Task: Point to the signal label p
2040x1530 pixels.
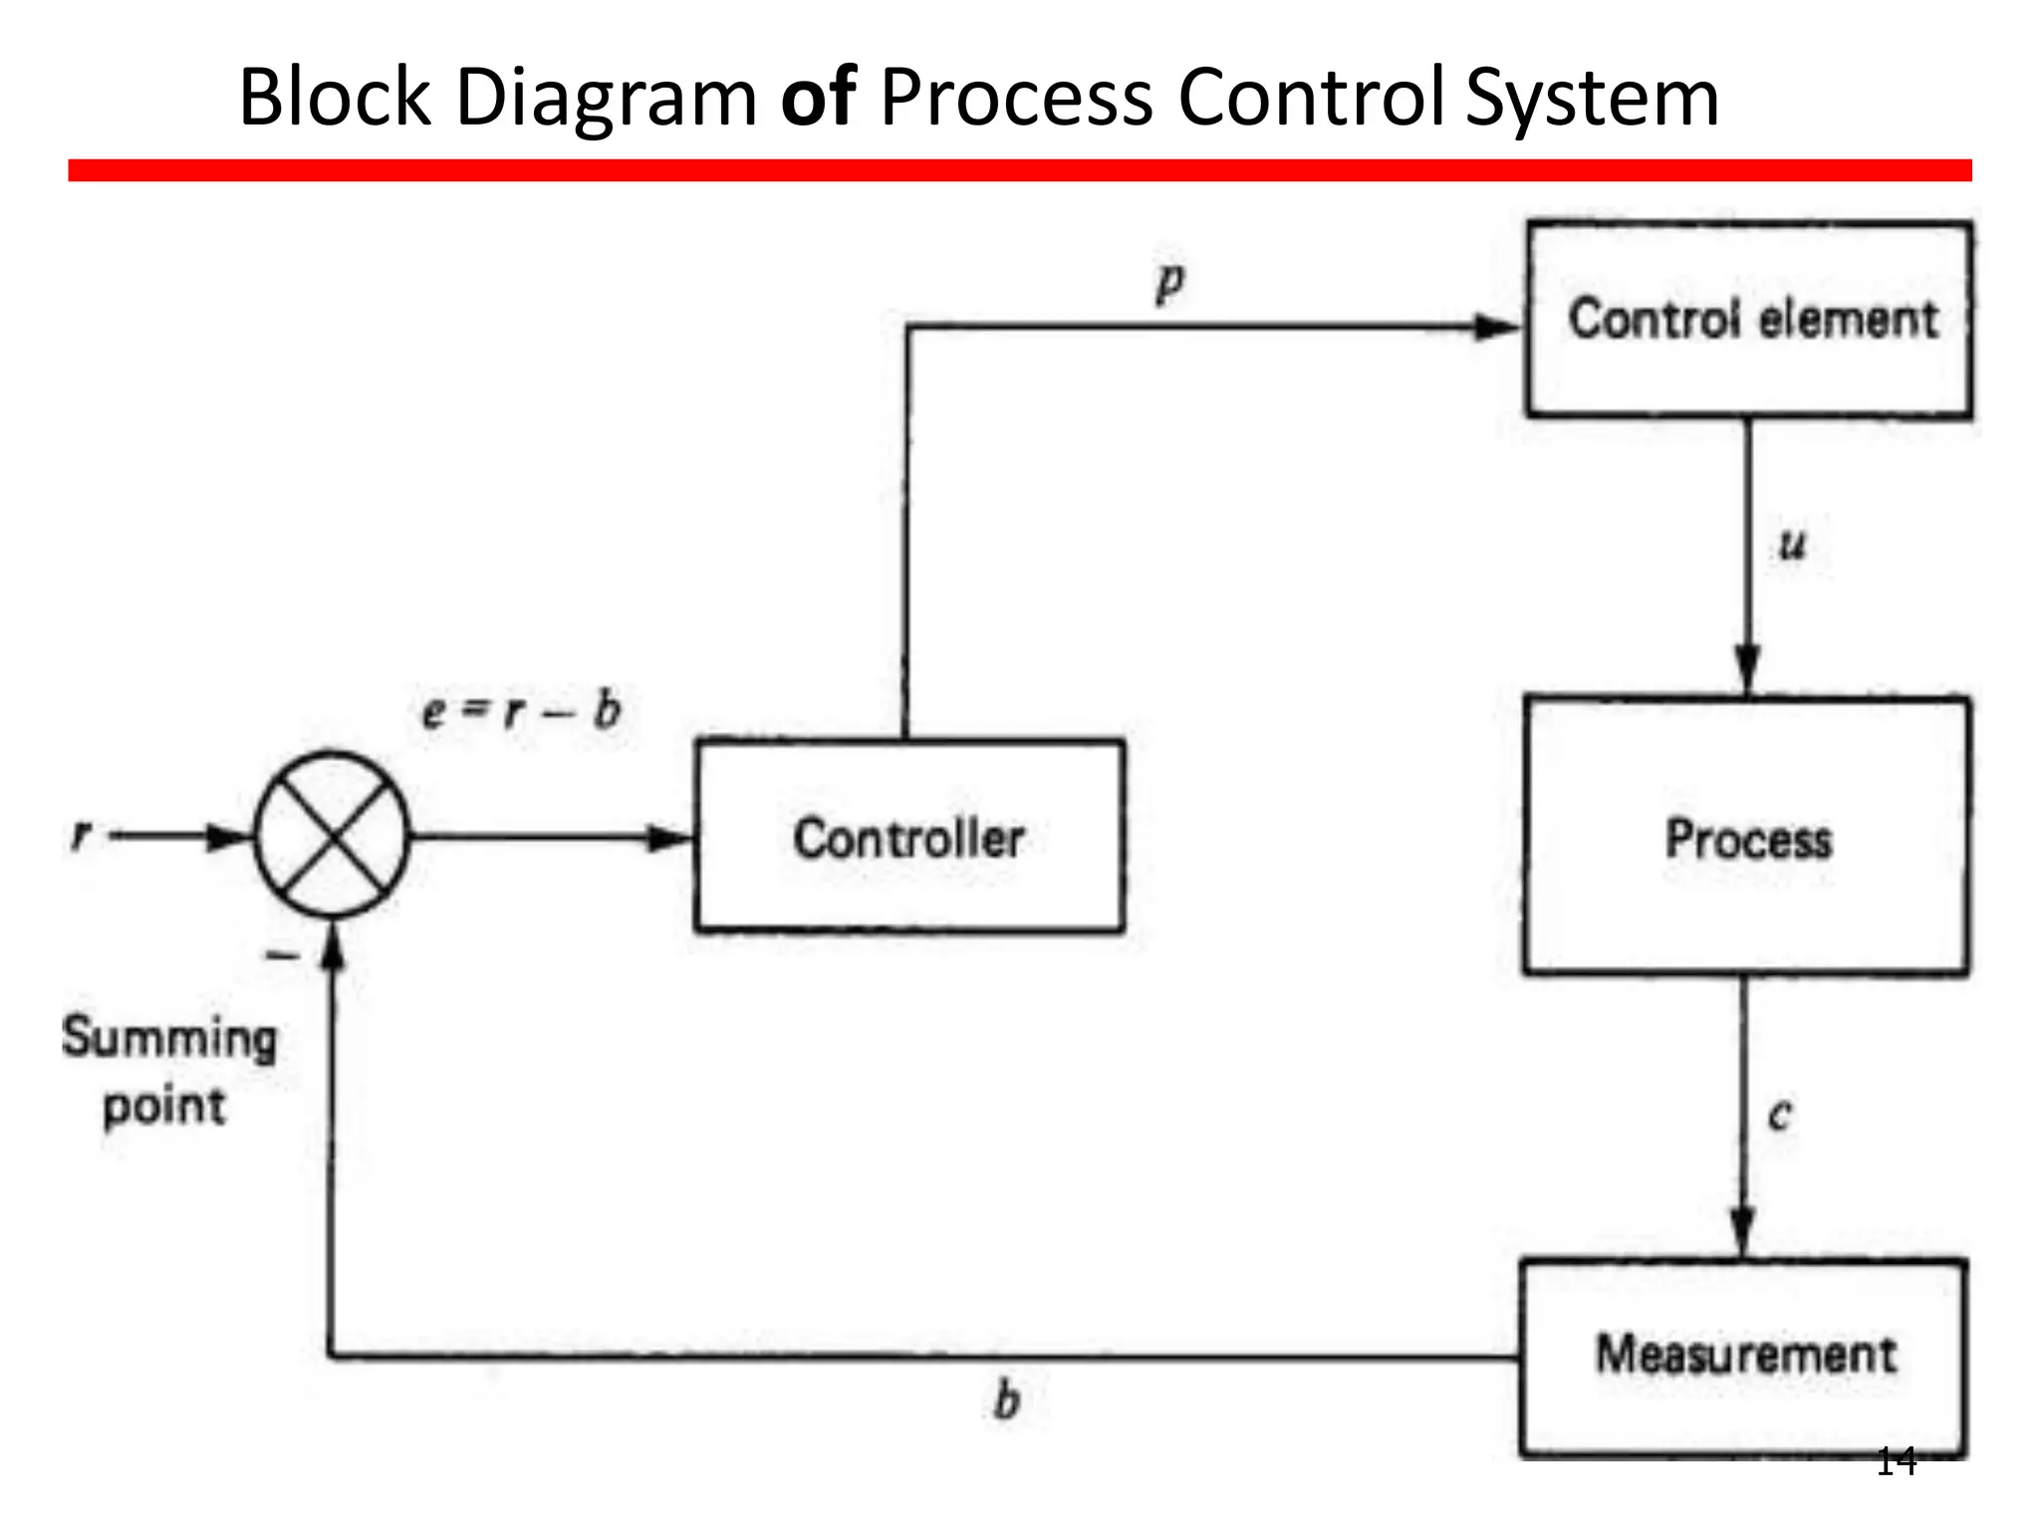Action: (x=1170, y=282)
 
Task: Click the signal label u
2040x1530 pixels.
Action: (x=1792, y=545)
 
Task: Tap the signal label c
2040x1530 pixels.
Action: (x=1780, y=1114)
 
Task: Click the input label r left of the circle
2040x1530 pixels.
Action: (x=81, y=834)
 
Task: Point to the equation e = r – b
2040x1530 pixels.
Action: (x=521, y=710)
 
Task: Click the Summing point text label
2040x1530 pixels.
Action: (x=168, y=1071)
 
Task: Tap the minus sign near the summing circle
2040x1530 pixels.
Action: (x=282, y=956)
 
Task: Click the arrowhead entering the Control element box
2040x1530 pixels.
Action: (x=1499, y=327)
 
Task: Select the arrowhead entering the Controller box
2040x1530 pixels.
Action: (x=670, y=838)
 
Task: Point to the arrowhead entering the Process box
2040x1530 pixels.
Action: (x=1747, y=671)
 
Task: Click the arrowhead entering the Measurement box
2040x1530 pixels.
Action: (x=1742, y=1235)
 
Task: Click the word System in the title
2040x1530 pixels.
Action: (x=1593, y=100)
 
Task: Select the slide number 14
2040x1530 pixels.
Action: (x=1896, y=1462)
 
